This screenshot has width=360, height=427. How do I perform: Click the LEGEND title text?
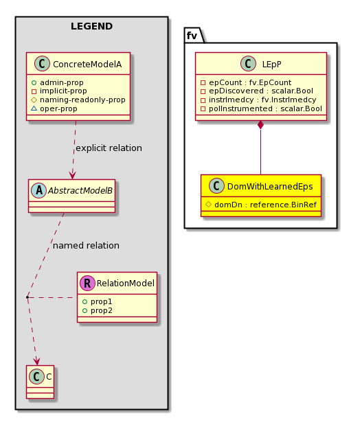(91, 26)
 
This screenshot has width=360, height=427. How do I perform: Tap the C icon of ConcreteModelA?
(42, 64)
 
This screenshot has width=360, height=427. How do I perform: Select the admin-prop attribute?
(62, 82)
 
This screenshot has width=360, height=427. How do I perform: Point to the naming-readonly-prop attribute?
(82, 100)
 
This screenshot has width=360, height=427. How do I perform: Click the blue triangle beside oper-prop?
(34, 108)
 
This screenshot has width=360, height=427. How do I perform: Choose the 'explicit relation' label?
(109, 148)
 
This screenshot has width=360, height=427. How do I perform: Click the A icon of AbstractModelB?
(38, 190)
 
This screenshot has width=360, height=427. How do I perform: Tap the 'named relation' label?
(86, 246)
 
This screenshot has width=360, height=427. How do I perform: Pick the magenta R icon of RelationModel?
(87, 283)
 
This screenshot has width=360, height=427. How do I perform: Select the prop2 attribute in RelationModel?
(102, 310)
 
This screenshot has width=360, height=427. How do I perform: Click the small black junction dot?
(27, 297)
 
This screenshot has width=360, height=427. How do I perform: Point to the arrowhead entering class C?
(37, 362)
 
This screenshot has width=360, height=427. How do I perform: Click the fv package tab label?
(192, 36)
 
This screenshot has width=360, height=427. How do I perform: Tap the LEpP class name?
(271, 65)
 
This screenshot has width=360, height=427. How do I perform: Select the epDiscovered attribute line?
(261, 91)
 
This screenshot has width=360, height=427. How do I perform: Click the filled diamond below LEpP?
(260, 125)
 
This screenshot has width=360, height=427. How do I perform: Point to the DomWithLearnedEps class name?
(270, 187)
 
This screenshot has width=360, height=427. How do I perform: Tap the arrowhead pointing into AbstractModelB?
(73, 175)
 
